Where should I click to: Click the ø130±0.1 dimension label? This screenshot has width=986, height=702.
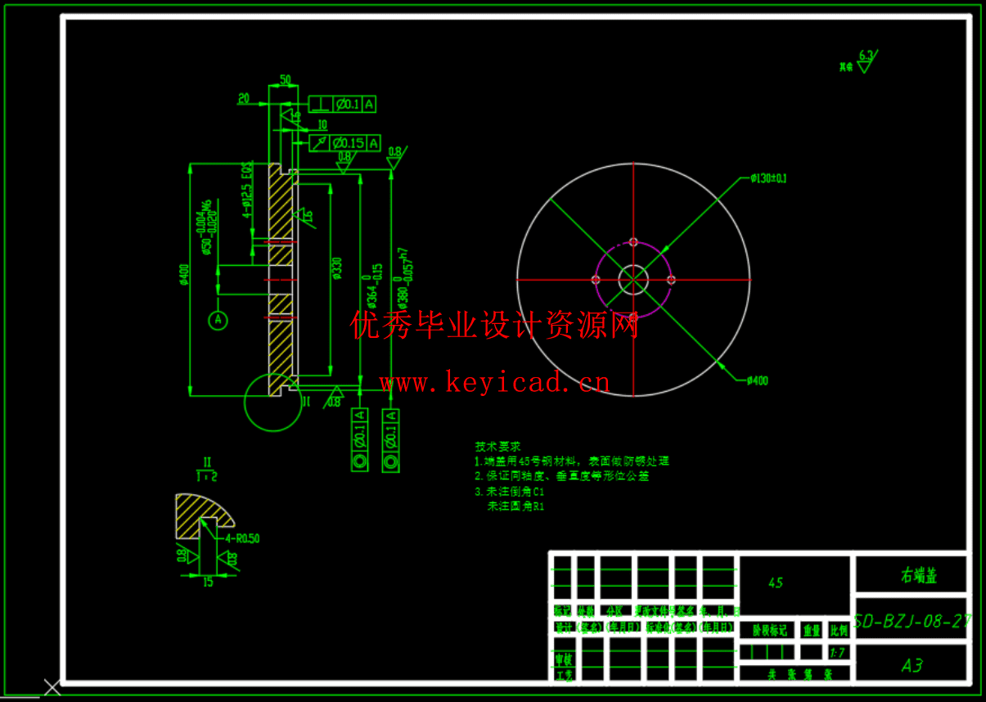768,178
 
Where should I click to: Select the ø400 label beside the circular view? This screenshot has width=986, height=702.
757,380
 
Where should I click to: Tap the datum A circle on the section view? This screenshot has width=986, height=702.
218,320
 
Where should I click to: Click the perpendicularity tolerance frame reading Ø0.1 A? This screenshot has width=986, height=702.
343,104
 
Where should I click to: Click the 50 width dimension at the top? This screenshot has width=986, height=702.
286,79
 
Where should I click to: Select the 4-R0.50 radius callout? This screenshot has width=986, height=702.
242,538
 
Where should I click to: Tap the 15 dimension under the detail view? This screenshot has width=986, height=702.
208,583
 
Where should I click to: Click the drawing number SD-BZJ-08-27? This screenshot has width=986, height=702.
912,622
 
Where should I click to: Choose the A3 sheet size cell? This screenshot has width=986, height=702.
912,666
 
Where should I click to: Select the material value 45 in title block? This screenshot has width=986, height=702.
776,583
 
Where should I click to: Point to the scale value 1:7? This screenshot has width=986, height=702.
837,653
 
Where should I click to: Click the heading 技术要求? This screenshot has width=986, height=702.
498,447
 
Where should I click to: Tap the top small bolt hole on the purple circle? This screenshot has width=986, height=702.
633,241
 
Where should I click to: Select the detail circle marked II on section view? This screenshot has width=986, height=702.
273,402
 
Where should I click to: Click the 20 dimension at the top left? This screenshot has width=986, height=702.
243,98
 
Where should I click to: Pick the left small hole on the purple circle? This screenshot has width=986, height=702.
596,280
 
